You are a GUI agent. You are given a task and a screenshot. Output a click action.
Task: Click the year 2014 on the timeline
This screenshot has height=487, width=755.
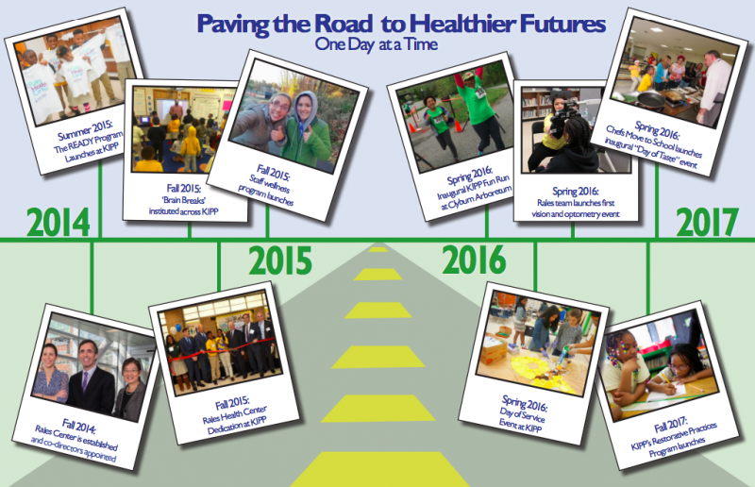click(x=58, y=222)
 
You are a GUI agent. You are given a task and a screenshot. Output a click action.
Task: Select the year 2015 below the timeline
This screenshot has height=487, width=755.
click(x=280, y=260)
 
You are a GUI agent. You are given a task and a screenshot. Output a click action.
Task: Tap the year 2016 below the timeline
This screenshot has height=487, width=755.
click(x=475, y=260)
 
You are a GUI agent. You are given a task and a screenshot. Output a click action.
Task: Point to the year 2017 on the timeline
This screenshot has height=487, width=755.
click(x=707, y=222)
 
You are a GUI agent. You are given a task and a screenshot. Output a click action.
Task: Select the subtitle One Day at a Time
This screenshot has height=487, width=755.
click(x=377, y=44)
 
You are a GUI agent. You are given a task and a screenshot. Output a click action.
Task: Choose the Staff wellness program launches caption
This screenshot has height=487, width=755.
click(x=269, y=185)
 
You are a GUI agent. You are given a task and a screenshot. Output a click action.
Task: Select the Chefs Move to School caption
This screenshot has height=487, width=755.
click(x=654, y=143)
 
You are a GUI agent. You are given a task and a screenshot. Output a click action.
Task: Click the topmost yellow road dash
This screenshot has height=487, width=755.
click(x=378, y=249)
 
